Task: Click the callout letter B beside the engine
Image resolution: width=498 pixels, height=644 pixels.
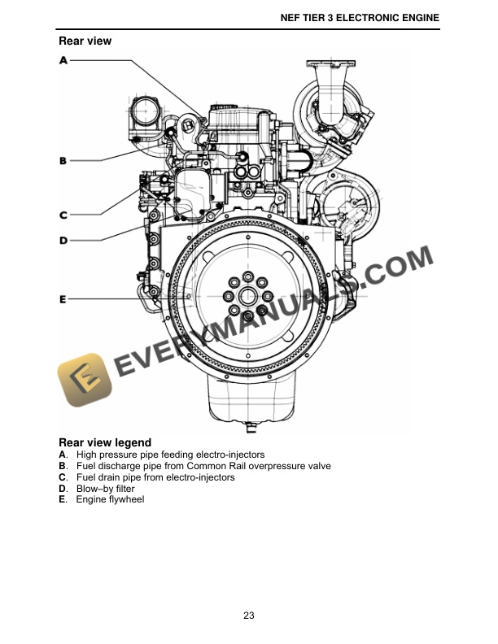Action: pos(63,161)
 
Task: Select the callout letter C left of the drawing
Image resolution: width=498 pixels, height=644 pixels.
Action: pos(63,215)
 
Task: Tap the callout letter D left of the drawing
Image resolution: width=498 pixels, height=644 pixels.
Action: pos(63,241)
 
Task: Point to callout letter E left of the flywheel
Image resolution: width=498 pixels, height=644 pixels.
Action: pos(63,300)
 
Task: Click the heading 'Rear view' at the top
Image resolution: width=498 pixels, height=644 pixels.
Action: pos(85,41)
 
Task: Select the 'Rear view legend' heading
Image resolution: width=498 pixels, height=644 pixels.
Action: pos(105,443)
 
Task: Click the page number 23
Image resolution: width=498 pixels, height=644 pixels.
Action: pos(249,615)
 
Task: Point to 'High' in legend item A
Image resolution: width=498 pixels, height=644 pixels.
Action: pos(86,455)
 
